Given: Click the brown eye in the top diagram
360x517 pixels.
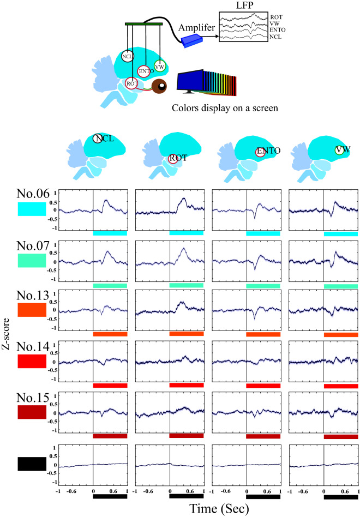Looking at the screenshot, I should (x=160, y=87).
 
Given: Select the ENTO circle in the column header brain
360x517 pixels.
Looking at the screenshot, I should (x=261, y=152).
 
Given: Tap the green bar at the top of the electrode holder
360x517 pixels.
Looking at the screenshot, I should (x=143, y=23).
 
